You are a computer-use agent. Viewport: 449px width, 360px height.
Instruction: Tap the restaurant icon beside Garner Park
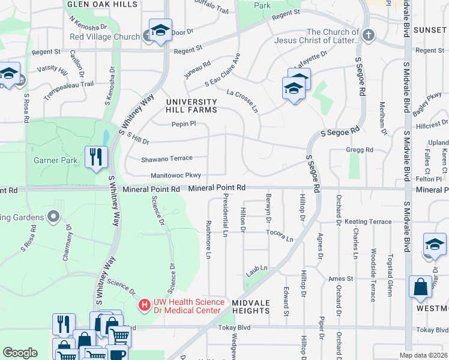tap(96, 158)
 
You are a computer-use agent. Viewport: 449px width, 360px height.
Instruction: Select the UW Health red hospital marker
tap(144, 305)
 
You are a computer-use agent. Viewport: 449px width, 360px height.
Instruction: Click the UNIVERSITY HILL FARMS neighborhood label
tap(191, 106)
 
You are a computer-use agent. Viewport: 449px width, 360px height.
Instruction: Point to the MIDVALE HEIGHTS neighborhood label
tap(251, 307)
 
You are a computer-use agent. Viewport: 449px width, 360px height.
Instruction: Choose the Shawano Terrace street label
tap(166, 158)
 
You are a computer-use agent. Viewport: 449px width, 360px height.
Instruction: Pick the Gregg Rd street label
tap(360, 149)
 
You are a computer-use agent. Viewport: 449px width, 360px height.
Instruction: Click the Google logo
tap(20, 352)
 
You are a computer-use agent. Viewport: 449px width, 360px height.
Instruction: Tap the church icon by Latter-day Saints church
tap(369, 36)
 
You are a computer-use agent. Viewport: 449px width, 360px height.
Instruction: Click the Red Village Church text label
tap(104, 37)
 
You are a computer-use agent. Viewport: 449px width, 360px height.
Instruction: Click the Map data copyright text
tap(424, 355)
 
